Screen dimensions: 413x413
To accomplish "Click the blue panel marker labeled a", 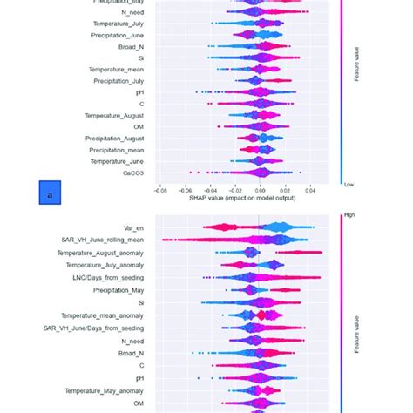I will point(50,193).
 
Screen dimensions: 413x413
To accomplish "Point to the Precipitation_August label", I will point(114,139).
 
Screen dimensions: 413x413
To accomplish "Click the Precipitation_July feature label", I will point(118,81).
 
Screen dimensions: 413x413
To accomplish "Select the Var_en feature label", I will point(132,228).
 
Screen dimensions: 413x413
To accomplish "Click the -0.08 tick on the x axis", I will point(160,188).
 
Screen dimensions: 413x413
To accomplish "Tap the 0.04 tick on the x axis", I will point(310,188).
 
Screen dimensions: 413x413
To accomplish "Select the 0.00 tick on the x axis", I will point(260,188).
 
